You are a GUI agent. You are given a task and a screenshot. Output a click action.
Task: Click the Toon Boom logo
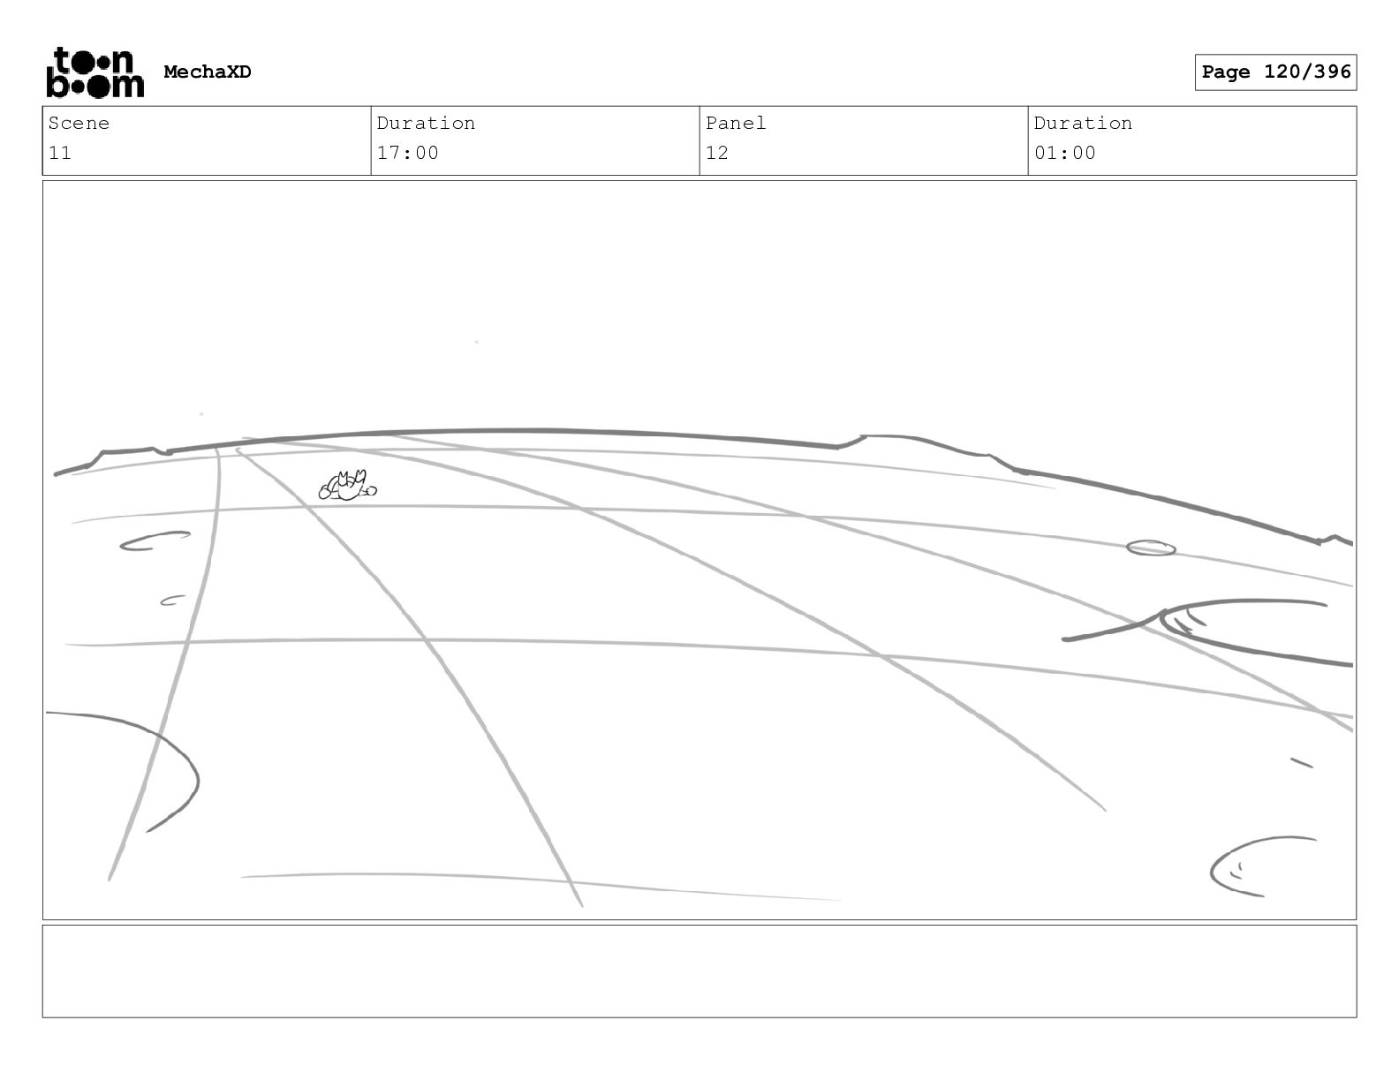coord(95,72)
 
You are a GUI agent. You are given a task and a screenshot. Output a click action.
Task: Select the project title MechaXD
coord(208,72)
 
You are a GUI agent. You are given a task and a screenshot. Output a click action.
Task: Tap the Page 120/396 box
coord(1275,72)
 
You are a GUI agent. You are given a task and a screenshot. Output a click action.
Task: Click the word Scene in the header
coord(79,124)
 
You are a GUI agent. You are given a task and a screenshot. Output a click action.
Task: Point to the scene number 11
coord(60,153)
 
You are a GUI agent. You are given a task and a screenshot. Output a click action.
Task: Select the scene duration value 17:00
coord(408,153)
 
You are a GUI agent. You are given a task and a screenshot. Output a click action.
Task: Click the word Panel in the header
coord(736,124)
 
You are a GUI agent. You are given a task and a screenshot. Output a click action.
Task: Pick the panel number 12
coord(717,153)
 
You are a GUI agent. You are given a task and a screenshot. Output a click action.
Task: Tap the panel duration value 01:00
coord(1065,153)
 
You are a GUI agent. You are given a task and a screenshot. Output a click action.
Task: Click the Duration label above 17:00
coord(426,124)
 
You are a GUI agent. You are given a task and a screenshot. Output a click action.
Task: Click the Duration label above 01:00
coord(1083,124)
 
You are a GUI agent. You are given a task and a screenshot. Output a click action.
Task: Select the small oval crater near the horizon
coord(1151,548)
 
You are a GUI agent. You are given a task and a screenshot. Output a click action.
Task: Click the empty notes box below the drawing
coord(699,971)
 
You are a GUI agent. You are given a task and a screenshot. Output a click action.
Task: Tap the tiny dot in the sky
coord(477,342)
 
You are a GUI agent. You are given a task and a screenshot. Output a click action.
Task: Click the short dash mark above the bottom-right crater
coord(1302,762)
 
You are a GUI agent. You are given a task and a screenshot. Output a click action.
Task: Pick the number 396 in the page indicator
coord(1332,72)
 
